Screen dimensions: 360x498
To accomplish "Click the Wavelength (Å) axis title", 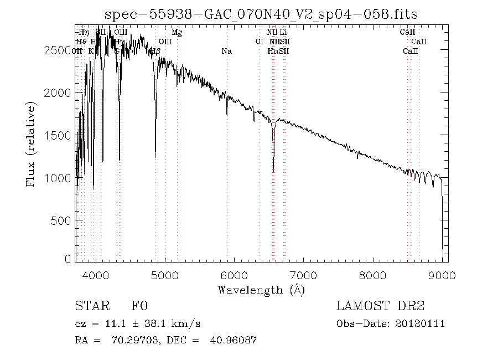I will pyautogui.click(x=261, y=289).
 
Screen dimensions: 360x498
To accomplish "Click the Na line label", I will pyautogui.click(x=226, y=52).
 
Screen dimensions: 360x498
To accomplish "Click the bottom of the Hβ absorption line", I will pyautogui.click(x=155, y=157).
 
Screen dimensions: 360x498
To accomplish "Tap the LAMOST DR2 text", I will pyautogui.click(x=380, y=306).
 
